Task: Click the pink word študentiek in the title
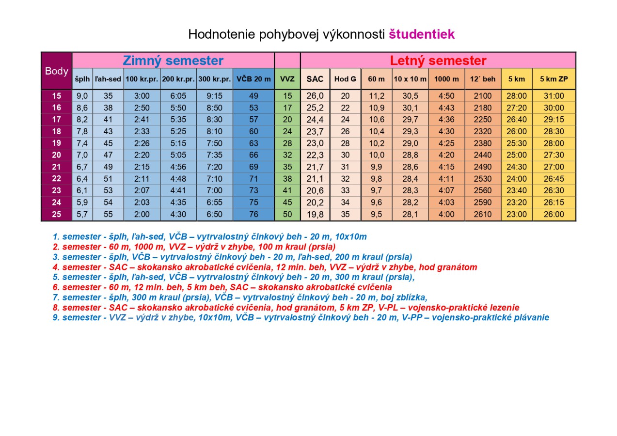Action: tap(422, 34)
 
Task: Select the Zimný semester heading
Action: tap(173, 61)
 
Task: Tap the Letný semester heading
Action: tap(438, 61)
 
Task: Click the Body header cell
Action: tap(57, 71)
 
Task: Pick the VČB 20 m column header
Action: tap(253, 79)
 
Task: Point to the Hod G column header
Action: tap(345, 79)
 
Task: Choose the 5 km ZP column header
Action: tap(554, 79)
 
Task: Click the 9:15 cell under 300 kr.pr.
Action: tap(215, 96)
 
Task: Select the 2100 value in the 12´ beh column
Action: tap(483, 96)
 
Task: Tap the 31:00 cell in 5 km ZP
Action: tap(554, 96)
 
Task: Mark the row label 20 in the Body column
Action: tap(57, 155)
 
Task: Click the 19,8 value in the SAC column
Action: tap(315, 214)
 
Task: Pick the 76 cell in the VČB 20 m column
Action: tap(253, 214)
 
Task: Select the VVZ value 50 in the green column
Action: tap(287, 214)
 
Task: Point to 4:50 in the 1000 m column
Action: tap(446, 96)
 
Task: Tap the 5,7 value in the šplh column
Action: tap(82, 214)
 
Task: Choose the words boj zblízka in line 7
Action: tap(406, 297)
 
